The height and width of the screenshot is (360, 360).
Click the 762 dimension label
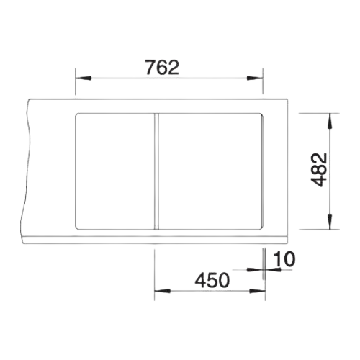(x=162, y=68)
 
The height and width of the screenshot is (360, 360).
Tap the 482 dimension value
(x=319, y=170)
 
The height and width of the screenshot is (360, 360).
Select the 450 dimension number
(x=212, y=280)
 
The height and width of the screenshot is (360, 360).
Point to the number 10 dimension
(x=284, y=259)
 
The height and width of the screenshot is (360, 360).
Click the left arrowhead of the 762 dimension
(x=83, y=78)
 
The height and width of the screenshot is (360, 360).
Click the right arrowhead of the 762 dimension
(x=255, y=78)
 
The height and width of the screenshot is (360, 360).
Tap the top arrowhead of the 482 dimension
(x=330, y=121)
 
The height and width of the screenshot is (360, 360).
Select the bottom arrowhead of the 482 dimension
(x=330, y=221)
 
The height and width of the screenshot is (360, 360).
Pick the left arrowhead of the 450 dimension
(x=162, y=291)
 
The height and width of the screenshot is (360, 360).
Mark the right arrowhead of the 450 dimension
(x=257, y=291)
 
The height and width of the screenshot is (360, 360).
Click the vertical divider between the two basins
(x=156, y=171)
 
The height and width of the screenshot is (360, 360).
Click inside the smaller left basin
(x=115, y=171)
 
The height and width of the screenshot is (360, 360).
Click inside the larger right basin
(x=211, y=171)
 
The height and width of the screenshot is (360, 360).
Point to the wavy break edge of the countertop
(x=27, y=171)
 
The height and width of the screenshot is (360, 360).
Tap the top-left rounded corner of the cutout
(x=77, y=115)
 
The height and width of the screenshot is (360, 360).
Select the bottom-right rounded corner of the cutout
(x=261, y=227)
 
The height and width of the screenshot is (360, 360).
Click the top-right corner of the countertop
(x=288, y=99)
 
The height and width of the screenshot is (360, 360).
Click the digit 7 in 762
(x=150, y=68)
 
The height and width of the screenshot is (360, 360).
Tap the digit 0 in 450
(x=225, y=280)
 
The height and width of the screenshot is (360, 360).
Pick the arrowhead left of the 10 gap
(x=255, y=270)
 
